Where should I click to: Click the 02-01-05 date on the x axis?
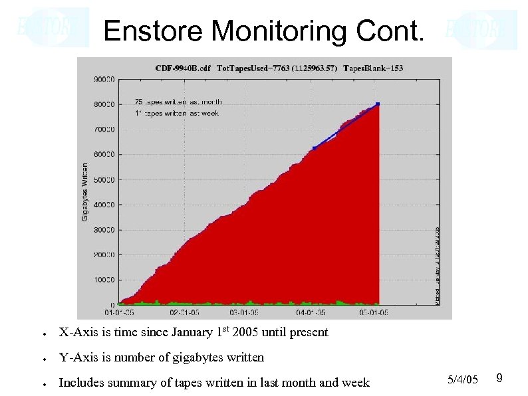184,311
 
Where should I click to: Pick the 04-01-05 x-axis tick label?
311,311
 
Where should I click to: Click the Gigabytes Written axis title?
84,192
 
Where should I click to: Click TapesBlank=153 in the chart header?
373,68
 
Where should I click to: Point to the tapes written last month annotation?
178,102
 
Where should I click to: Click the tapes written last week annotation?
177,114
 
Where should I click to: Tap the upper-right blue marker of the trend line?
377,104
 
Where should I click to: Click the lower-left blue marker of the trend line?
314,148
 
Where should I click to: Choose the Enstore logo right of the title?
480,29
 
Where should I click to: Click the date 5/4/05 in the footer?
463,379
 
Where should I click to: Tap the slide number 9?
499,378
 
